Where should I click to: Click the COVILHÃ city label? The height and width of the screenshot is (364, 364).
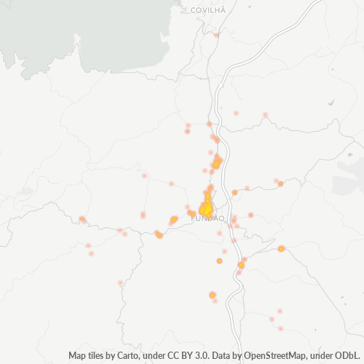(x=207, y=10)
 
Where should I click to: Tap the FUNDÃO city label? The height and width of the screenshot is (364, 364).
(x=208, y=218)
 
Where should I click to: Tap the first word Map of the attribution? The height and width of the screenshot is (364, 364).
(x=78, y=356)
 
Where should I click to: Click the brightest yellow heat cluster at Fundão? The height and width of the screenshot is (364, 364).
(x=207, y=208)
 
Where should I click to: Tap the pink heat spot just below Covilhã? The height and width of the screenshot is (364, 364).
(x=216, y=34)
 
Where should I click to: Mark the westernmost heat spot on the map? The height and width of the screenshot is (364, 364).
(x=82, y=219)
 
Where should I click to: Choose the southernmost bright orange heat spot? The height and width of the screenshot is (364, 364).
(x=213, y=295)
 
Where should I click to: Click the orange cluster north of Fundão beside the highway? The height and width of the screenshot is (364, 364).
(x=217, y=162)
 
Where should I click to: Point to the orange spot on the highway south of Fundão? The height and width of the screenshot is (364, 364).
(x=241, y=264)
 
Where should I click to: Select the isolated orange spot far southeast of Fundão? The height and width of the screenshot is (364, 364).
(x=281, y=249)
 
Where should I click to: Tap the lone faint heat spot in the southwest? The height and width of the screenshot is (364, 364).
(x=121, y=282)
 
